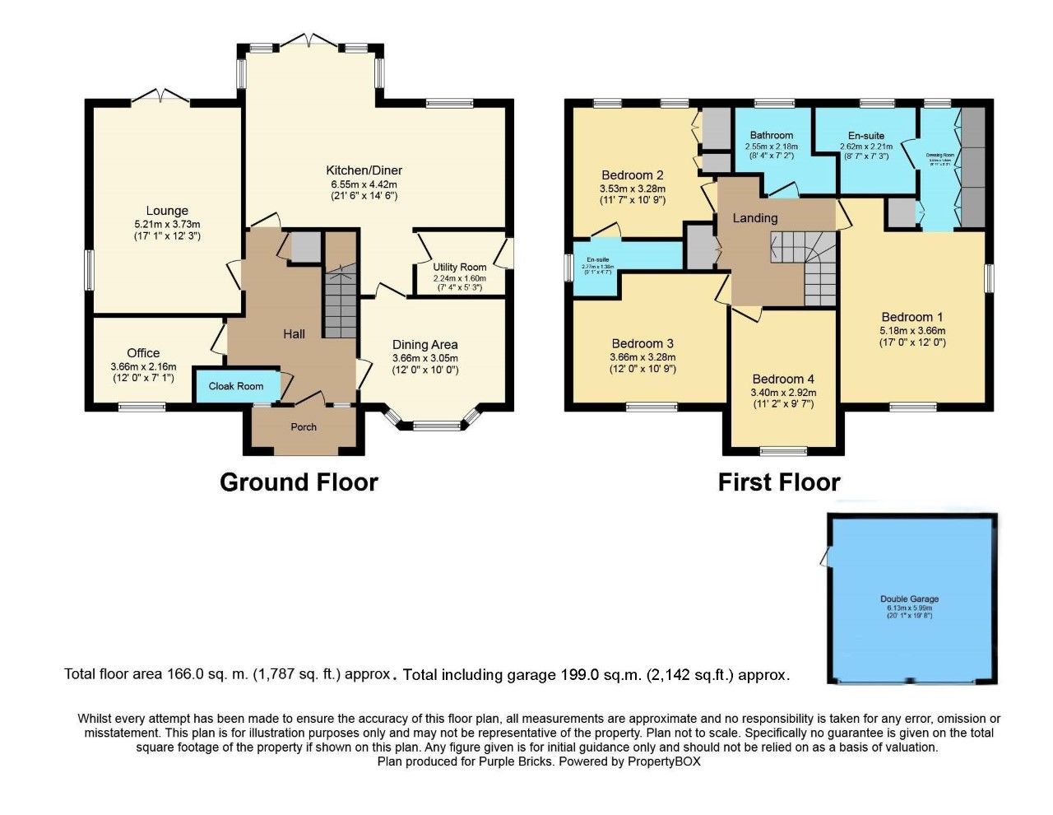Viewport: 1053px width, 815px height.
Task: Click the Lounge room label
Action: [x=167, y=211]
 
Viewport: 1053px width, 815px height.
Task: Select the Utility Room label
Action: [x=460, y=267]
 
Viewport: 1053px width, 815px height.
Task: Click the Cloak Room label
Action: [x=236, y=386]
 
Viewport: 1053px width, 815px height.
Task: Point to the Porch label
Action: [x=304, y=427]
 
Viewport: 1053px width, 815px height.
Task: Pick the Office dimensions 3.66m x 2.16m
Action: [x=143, y=367]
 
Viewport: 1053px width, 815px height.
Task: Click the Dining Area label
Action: [x=424, y=345]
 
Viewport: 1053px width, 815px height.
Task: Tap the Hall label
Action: [x=294, y=333]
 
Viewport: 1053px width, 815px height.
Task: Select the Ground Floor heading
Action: [x=299, y=482]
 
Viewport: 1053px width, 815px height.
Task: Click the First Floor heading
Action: [x=779, y=482]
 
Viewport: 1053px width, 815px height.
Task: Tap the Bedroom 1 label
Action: [x=912, y=317]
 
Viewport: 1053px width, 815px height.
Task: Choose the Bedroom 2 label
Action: [x=632, y=175]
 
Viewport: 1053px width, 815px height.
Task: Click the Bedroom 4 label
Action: [x=783, y=379]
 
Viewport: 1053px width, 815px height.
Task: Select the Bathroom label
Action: [x=771, y=135]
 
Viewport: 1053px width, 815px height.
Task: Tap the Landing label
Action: [x=754, y=218]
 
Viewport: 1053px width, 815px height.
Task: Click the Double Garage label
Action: [x=909, y=599]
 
